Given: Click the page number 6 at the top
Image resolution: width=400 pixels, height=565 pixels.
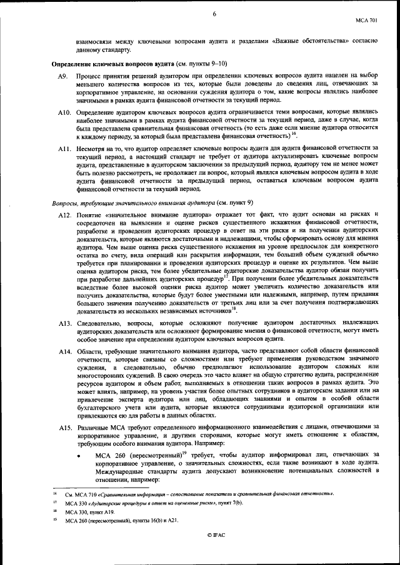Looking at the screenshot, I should (x=214, y=14).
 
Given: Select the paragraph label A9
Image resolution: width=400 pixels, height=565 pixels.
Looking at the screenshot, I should (x=62, y=76).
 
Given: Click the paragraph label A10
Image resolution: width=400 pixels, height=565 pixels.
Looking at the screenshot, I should (x=64, y=112).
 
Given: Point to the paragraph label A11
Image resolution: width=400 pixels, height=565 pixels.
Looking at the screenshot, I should (x=64, y=148).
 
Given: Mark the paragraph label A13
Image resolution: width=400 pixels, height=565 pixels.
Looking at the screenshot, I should (x=64, y=323).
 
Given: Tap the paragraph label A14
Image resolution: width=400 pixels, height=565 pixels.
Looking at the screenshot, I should (x=64, y=352).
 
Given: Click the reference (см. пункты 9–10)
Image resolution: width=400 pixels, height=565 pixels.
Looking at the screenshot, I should (x=202, y=63).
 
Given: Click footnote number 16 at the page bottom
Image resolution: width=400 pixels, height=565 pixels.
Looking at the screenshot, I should (x=56, y=493).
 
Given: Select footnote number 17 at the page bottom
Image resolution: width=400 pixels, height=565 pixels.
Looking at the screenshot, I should (x=56, y=502).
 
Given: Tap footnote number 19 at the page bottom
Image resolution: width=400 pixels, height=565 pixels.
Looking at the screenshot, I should (x=56, y=519).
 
